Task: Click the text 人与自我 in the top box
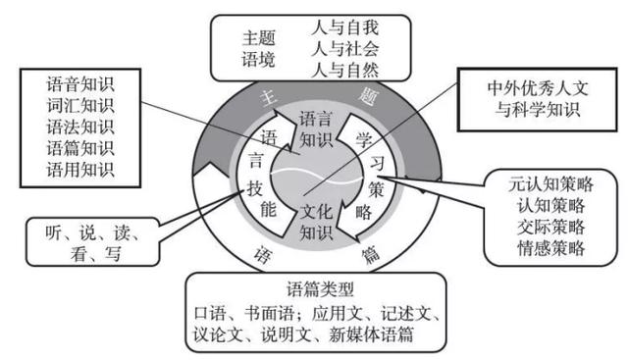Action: click(343, 25)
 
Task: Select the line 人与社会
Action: click(343, 46)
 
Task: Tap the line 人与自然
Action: click(343, 69)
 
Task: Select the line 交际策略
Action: click(551, 227)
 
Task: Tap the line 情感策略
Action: click(551, 248)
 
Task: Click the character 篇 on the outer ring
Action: click(370, 257)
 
